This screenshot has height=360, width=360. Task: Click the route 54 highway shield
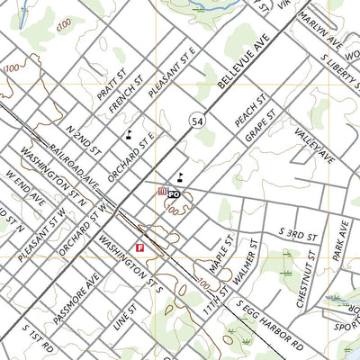point(194,120)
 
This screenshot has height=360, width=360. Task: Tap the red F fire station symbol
point(140,247)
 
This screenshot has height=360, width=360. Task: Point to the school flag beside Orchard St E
point(129,135)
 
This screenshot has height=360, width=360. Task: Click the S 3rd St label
point(293,231)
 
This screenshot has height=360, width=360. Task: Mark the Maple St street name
point(220,256)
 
